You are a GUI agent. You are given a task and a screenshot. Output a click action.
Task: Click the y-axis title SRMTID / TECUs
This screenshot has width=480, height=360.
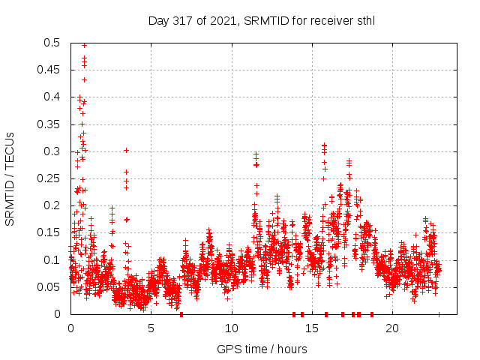pos(10,178)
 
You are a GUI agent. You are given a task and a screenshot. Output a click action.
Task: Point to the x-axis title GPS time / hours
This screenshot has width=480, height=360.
pos(262,349)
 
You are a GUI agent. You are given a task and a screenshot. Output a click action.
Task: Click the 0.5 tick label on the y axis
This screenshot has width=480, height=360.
pos(53,43)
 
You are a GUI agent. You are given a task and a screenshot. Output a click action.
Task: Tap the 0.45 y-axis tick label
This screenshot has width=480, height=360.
pos(50,70)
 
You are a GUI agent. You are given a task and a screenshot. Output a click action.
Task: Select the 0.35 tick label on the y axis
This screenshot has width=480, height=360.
pos(50,124)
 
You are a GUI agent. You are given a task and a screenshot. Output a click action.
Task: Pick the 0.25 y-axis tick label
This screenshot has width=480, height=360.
pos(50,178)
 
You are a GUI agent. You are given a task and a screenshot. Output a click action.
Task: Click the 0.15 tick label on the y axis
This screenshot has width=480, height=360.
pos(50,232)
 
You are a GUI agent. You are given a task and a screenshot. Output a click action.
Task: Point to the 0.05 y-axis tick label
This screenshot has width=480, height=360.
pos(50,287)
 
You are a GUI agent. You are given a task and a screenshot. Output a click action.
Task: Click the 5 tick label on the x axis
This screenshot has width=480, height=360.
pos(151,328)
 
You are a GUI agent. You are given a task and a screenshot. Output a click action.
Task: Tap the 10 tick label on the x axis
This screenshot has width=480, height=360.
pos(232,328)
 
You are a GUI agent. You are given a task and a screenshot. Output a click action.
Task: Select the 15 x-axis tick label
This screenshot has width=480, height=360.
pos(312,328)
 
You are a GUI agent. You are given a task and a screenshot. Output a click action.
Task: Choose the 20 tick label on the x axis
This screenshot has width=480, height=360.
pos(392,328)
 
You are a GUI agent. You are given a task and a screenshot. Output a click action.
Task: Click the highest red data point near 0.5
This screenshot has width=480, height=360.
pos(84,45)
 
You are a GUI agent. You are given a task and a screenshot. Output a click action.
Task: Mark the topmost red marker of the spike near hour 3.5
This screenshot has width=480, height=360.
pos(126,150)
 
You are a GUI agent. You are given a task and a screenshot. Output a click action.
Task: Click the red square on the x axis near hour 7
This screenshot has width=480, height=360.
pos(181,314)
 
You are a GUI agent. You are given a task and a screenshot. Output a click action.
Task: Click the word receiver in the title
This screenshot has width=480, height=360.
pos(325,20)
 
